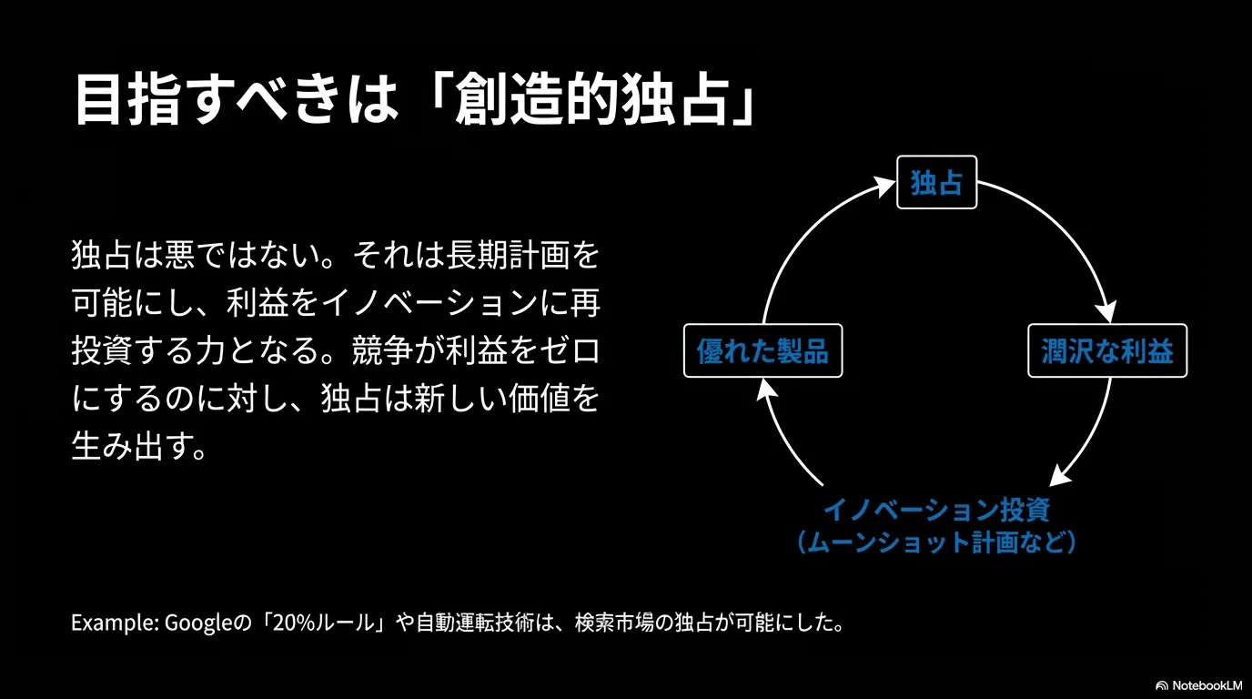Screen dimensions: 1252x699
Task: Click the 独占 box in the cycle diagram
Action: pos(937,182)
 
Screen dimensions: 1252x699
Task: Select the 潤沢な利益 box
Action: pos(1107,350)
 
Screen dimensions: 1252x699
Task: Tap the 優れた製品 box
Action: pos(762,350)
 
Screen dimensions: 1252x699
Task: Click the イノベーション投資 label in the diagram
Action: pos(937,510)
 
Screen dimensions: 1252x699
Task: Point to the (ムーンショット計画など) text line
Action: pos(937,542)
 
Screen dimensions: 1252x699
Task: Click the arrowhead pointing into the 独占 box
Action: pos(884,187)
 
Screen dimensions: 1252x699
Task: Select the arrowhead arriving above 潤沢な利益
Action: pos(1106,312)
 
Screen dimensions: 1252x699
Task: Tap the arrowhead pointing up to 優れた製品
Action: pos(766,390)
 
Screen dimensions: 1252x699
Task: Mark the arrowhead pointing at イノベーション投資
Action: pos(1060,475)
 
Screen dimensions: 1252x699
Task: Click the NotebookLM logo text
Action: pos(1207,685)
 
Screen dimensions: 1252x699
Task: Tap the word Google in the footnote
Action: pos(197,623)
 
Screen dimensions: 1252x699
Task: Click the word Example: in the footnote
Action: pos(116,623)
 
